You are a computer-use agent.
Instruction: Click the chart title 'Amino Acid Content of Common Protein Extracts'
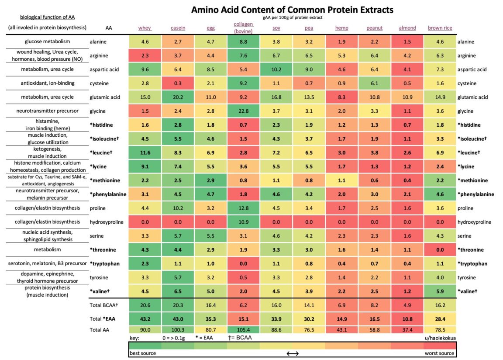292,9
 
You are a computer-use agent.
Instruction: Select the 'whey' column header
145,28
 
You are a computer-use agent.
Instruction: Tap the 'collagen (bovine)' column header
243,28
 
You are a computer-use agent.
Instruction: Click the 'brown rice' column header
440,28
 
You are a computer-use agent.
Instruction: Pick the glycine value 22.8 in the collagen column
243,111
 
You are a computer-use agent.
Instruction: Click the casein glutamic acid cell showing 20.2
178,97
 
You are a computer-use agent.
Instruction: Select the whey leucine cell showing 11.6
145,152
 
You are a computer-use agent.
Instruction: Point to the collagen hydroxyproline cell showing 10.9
243,222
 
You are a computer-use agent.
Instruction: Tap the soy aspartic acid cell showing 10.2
276,69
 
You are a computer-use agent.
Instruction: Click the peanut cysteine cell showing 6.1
374,83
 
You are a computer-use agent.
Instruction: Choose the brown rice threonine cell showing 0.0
440,249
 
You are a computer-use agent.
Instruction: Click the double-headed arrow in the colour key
292,353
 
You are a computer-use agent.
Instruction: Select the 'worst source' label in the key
439,353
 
